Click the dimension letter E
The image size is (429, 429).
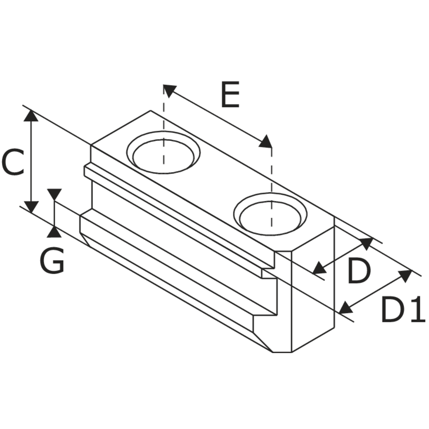pyautogui.click(x=230, y=94)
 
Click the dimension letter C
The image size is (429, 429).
pyautogui.click(x=12, y=162)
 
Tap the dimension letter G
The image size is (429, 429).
pyautogui.click(x=52, y=260)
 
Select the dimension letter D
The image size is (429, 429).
pyautogui.click(x=359, y=271)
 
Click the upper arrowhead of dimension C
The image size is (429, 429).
pyautogui.click(x=31, y=115)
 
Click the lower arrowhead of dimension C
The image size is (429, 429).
pyautogui.click(x=31, y=207)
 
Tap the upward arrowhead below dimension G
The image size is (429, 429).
pyautogui.click(x=54, y=232)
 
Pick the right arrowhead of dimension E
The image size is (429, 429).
pyautogui.click(x=266, y=142)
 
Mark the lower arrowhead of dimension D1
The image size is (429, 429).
pyautogui.click(x=345, y=308)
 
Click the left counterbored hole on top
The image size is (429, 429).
pyautogui.click(x=163, y=152)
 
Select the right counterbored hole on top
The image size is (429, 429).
pyautogui.click(x=271, y=214)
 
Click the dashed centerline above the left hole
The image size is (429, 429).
pyautogui.click(x=163, y=124)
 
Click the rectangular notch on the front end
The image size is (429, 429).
pyautogui.click(x=268, y=273)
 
